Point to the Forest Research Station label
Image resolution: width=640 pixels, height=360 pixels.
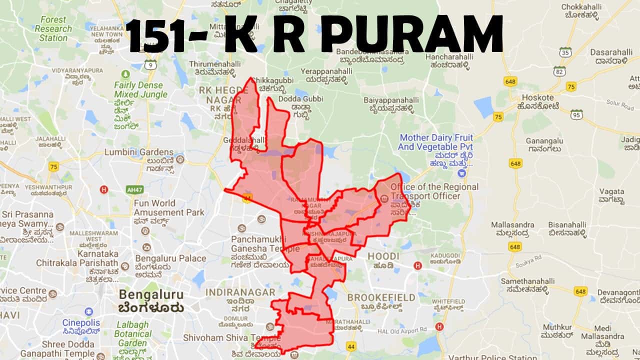point(53,28)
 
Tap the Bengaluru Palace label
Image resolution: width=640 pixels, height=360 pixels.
point(170,258)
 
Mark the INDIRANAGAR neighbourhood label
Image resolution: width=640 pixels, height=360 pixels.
point(240,292)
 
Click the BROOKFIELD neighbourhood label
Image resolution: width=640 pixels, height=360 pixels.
point(381,297)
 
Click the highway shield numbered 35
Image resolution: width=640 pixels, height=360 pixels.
point(565,52)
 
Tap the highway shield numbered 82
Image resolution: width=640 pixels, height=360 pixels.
point(559,71)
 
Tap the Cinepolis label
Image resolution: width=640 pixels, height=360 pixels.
point(81,323)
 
